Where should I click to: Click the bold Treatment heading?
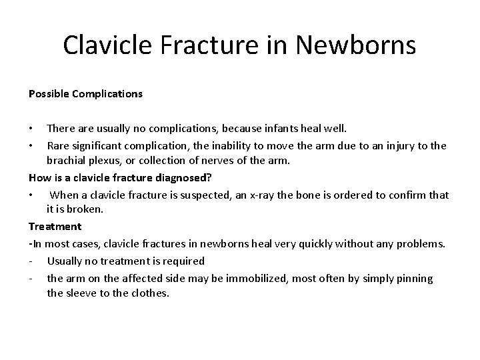click(55, 227)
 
